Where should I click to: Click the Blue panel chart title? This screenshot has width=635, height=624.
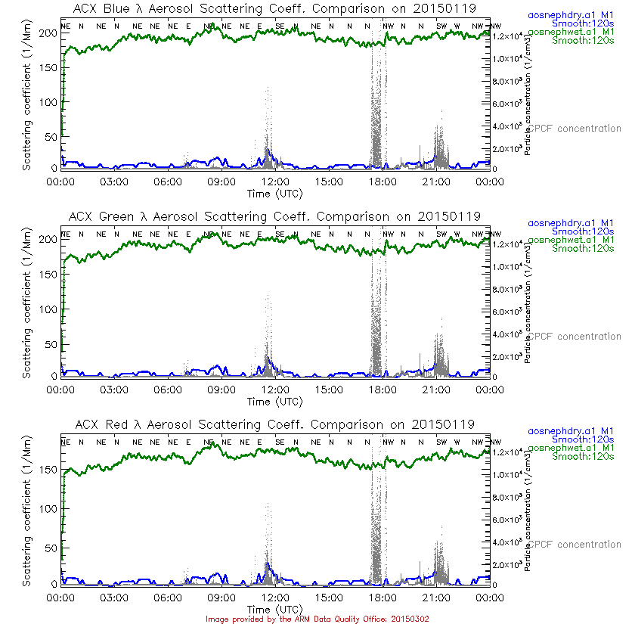pyautogui.click(x=274, y=9)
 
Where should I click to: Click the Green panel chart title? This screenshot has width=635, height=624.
pyautogui.click(x=274, y=216)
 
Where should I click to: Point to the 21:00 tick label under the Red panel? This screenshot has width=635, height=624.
pyautogui.click(x=436, y=598)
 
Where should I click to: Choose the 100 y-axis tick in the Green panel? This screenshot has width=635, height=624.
pyautogui.click(x=47, y=309)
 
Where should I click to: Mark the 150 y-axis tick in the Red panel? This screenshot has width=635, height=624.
pyautogui.click(x=47, y=470)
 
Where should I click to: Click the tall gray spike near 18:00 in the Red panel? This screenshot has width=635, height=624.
pyautogui.click(x=376, y=514)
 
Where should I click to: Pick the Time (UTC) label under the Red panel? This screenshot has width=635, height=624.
pyautogui.click(x=274, y=609)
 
